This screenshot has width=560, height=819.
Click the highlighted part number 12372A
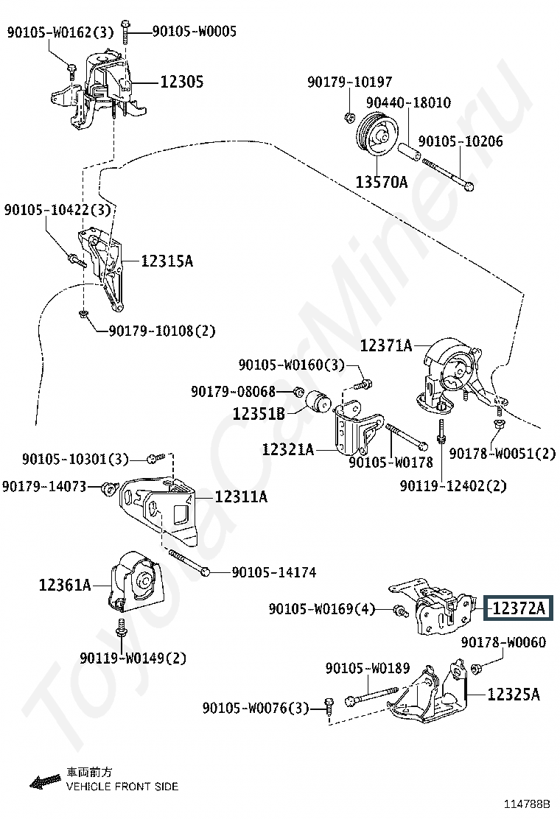pyautogui.click(x=518, y=608)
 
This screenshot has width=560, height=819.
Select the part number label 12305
pyautogui.click(x=182, y=82)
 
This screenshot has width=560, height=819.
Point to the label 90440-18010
pyautogui.click(x=408, y=102)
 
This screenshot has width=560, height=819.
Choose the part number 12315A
pyautogui.click(x=167, y=261)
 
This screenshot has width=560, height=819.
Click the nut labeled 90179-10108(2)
pyautogui.click(x=83, y=314)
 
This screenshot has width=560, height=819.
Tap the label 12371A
pyautogui.click(x=386, y=345)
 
